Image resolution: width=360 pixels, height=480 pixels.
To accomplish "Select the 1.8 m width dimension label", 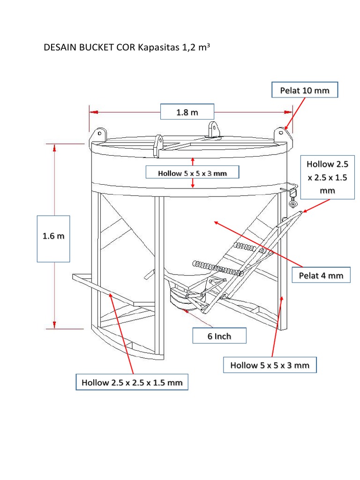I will tap(187, 112).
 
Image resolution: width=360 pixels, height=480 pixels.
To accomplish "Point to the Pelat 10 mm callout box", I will tap(305, 90).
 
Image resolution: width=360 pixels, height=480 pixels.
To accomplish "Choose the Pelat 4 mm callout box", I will tap(321, 275).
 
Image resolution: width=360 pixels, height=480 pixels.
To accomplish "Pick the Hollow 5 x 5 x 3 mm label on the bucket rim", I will tap(192, 173).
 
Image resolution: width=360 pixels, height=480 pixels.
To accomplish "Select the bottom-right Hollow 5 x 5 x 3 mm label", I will tap(270, 365).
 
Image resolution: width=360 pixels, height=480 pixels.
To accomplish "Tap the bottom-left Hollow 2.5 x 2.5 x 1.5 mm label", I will tap(132, 382).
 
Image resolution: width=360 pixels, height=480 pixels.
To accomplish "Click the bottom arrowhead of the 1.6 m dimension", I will tap(55, 324).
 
